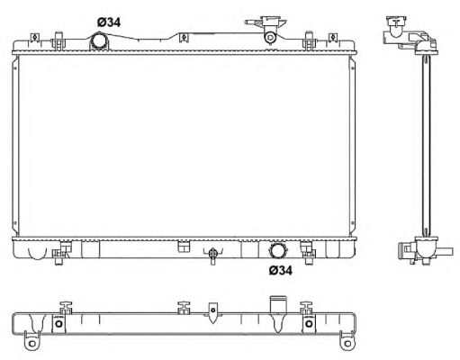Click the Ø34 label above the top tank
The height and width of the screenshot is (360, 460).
click(x=109, y=22)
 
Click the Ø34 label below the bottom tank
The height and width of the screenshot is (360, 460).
click(x=280, y=271)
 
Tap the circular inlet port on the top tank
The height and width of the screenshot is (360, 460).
click(x=98, y=41)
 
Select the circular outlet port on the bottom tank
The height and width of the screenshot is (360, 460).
click(x=277, y=250)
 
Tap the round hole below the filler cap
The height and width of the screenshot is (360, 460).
click(x=270, y=38)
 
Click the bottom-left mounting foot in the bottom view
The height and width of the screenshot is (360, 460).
click(x=32, y=341)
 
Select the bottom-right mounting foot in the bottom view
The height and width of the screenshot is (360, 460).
click(x=347, y=342)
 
